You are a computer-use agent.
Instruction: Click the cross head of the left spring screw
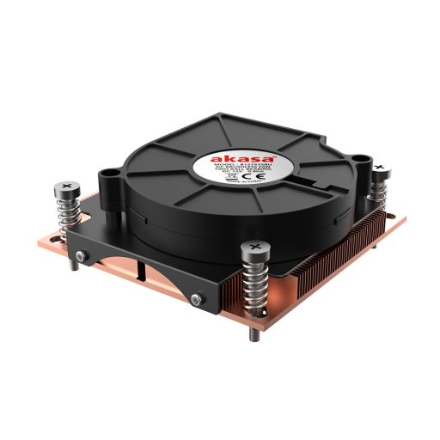68,186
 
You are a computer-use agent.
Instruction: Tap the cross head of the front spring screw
254,249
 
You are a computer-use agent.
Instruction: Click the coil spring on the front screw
254,283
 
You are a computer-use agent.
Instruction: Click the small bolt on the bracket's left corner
82,260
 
